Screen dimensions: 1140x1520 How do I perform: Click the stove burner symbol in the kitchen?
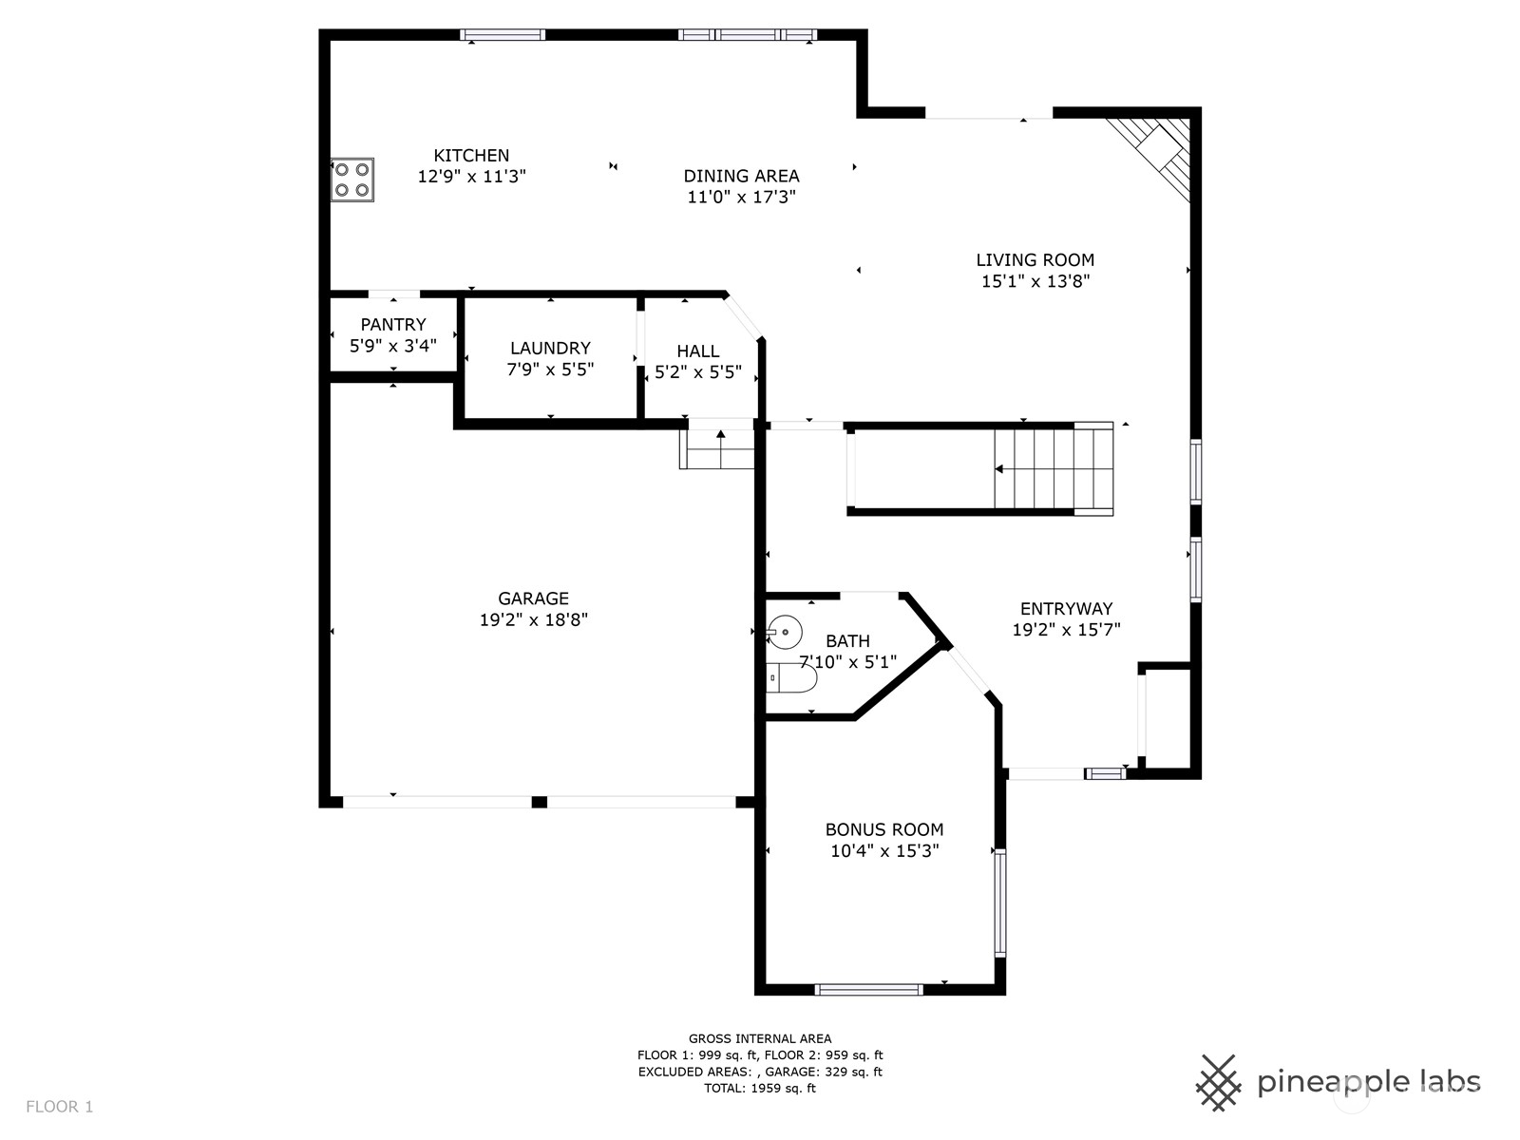pos(351,180)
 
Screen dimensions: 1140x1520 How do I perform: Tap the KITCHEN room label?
pos(471,155)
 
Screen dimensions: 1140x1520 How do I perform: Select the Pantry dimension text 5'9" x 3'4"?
pos(393,346)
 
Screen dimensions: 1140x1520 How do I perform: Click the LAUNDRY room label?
pos(550,348)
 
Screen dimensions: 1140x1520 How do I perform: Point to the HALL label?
pos(697,351)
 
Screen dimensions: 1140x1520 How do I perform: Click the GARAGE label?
pos(533,598)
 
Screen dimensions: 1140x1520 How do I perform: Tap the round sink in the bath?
pos(785,632)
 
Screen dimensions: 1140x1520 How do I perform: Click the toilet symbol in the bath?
pos(791,678)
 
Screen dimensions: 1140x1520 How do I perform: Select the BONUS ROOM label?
pos(883,829)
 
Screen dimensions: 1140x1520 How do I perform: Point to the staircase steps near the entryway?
pos(1053,469)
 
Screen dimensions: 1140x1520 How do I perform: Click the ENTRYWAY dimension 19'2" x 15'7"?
pos(1066,630)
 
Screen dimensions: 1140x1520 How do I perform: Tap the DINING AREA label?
pos(741,176)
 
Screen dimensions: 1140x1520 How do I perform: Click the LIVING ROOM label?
pos(1035,259)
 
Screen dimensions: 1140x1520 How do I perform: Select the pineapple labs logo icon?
pos(1218,1082)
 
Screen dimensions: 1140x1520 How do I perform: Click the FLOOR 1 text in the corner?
pos(59,1106)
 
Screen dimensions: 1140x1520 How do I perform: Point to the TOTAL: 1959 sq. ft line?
pos(759,1089)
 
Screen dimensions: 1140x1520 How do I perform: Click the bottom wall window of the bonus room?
pos(868,989)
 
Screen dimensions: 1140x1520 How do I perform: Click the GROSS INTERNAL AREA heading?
pos(759,1038)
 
